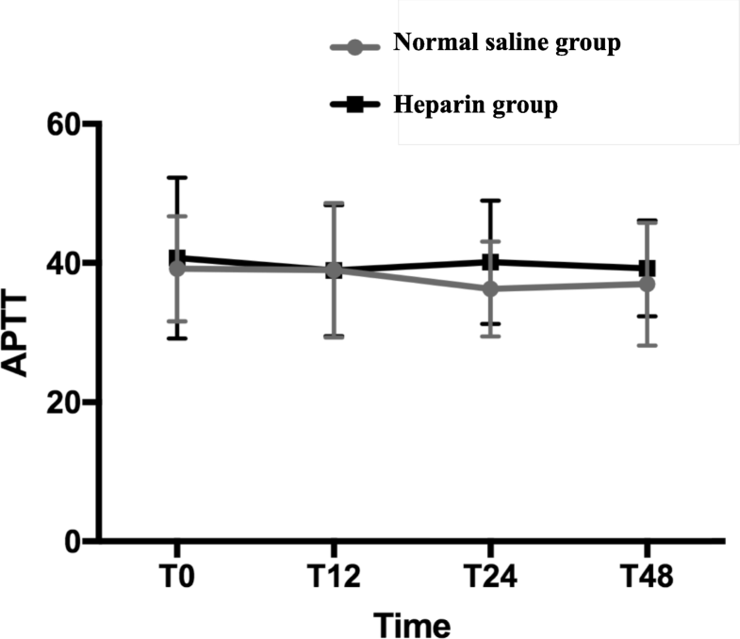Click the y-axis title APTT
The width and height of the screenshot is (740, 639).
tap(25, 333)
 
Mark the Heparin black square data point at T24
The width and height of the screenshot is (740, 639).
tap(490, 262)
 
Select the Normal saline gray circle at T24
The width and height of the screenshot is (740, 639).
tap(490, 288)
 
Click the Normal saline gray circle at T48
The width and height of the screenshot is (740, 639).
tap(647, 284)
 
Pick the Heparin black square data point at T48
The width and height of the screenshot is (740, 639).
tap(647, 269)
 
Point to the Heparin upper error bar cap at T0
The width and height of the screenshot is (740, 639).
tap(176, 177)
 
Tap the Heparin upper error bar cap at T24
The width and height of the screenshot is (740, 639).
tap(490, 200)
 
